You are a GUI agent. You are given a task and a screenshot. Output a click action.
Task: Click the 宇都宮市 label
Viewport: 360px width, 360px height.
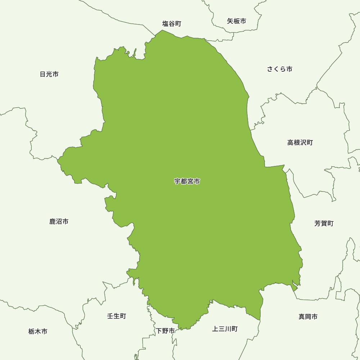[x=187, y=181]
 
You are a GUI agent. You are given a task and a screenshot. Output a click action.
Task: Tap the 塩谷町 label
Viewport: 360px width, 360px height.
[x=172, y=24]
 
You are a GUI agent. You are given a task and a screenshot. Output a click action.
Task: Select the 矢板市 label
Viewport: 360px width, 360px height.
[x=237, y=21]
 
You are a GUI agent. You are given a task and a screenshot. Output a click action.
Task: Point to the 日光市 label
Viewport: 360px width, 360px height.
[x=49, y=74]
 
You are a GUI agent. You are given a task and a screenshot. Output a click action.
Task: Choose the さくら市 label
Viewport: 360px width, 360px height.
[x=280, y=69]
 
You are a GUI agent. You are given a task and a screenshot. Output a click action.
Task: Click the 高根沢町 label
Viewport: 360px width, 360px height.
[x=300, y=143]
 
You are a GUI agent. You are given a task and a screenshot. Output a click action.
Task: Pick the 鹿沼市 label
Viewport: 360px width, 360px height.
[x=59, y=221]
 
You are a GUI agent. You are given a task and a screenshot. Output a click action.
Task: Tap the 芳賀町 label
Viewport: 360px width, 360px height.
[x=324, y=224]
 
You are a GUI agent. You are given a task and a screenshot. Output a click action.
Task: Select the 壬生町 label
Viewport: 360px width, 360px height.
[x=117, y=316]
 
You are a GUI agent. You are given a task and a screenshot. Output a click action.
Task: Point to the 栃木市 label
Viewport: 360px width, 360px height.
[x=38, y=331]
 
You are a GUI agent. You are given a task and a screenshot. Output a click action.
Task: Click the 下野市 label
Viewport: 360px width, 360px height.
[x=165, y=330]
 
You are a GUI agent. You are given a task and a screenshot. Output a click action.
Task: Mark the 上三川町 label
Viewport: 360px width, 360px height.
[x=225, y=329]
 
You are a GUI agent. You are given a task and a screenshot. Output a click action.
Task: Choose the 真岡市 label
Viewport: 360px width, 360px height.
[x=308, y=317]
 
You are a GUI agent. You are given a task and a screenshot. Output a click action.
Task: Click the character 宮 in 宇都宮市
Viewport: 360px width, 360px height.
[x=190, y=181]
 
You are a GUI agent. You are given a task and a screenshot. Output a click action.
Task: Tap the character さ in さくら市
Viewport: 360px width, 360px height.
[x=270, y=69]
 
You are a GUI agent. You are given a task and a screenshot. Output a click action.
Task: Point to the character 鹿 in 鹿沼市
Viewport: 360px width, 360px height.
[x=53, y=221]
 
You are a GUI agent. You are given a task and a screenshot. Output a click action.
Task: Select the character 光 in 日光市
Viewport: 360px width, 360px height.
[x=49, y=74]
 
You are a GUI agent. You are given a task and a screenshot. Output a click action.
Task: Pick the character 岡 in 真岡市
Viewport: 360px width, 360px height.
[x=308, y=317]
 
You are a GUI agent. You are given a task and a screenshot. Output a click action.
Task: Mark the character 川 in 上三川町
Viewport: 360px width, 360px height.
[x=228, y=329]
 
